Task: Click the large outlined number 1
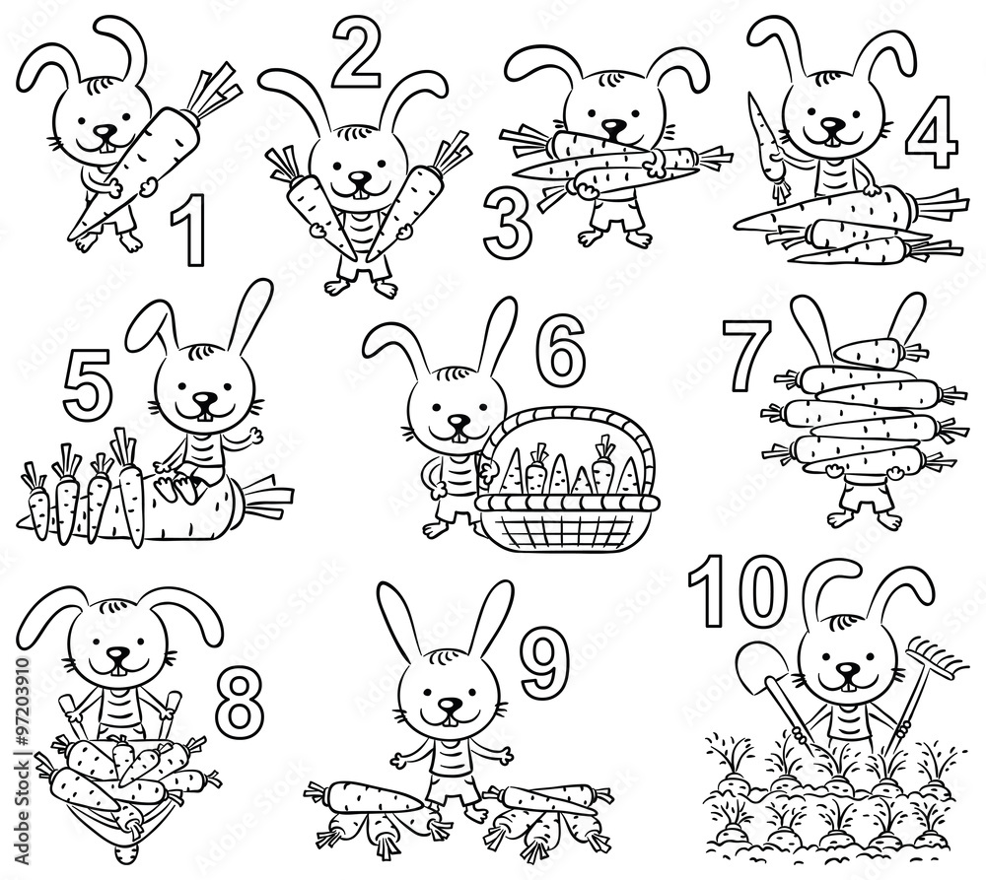[187, 232]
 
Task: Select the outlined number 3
[508, 223]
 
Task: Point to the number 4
[931, 132]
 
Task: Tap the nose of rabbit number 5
[204, 399]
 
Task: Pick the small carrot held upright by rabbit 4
[769, 138]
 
